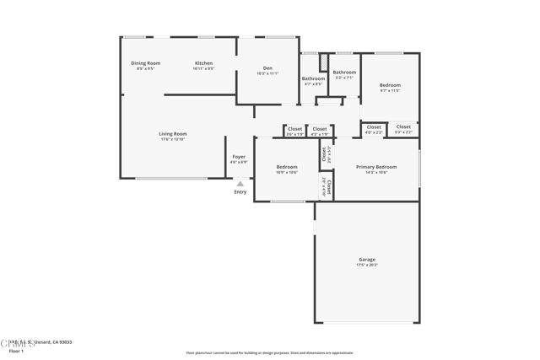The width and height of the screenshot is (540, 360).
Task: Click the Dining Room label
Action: pyautogui.click(x=145, y=63)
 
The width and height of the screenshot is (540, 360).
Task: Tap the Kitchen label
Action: pyautogui.click(x=204, y=63)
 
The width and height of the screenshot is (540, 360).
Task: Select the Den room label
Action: pyautogui.click(x=267, y=68)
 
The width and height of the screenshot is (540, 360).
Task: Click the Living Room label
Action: pyautogui.click(x=173, y=134)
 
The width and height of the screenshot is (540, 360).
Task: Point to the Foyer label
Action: pyautogui.click(x=240, y=157)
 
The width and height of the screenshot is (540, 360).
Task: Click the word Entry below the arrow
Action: pyautogui.click(x=240, y=192)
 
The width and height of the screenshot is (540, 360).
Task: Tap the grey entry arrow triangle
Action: pyautogui.click(x=240, y=183)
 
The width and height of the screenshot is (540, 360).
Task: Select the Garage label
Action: pyautogui.click(x=366, y=260)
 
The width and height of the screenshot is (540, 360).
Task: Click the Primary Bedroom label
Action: pyautogui.click(x=376, y=167)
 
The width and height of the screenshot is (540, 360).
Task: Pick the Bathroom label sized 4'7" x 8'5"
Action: pyautogui.click(x=313, y=78)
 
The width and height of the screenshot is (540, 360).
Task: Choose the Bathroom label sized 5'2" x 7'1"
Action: pyautogui.click(x=344, y=73)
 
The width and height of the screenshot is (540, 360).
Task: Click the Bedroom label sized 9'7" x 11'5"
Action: pyautogui.click(x=390, y=85)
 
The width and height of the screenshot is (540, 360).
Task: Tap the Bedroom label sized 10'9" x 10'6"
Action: pyautogui.click(x=287, y=167)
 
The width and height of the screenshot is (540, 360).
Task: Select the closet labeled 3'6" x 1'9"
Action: pyautogui.click(x=294, y=129)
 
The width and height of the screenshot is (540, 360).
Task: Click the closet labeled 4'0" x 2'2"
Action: pyautogui.click(x=374, y=127)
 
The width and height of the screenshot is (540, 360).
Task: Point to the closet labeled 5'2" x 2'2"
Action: pyautogui.click(x=403, y=127)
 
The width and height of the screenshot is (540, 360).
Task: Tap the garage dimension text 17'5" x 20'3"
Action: pyautogui.click(x=366, y=266)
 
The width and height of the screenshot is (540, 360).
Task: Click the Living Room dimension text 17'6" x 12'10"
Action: pyautogui.click(x=173, y=139)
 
